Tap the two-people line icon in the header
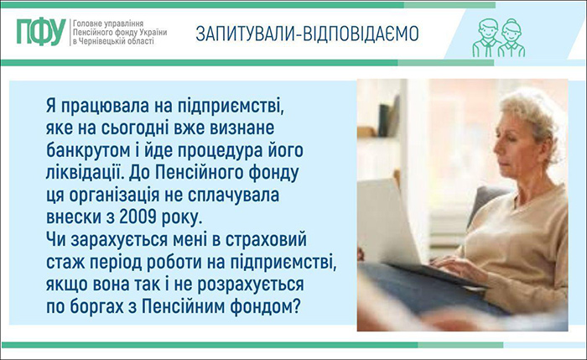497,36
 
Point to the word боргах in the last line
99,305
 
